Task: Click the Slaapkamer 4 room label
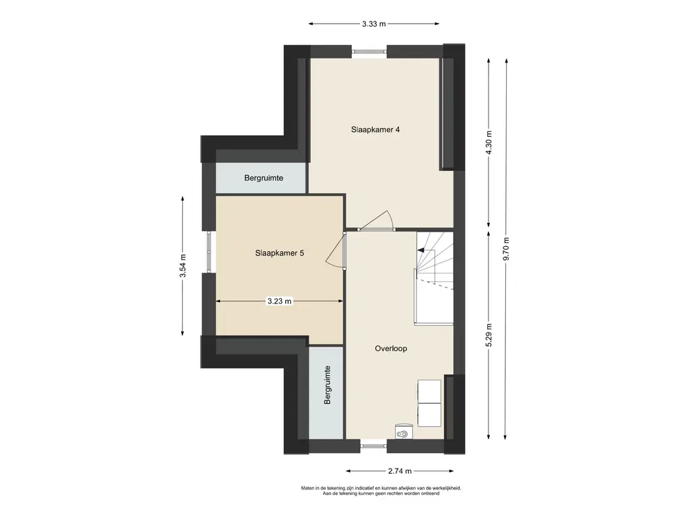[x=375, y=130]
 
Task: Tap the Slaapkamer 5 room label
[x=279, y=253]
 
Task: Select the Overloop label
[x=391, y=349]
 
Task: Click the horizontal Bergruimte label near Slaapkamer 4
[x=264, y=178]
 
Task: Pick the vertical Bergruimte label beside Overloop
[x=327, y=385]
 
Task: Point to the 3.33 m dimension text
[x=374, y=24]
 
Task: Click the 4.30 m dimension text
[x=488, y=143]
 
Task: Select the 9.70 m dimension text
[x=506, y=249]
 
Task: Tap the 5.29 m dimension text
[x=488, y=335]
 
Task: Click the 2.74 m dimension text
[x=400, y=471]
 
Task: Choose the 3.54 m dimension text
[x=183, y=265]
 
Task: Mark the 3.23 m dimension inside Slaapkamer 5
[x=279, y=301]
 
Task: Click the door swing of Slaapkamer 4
[x=377, y=220]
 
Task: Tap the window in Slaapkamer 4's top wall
[x=369, y=52]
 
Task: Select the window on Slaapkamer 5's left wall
[x=209, y=252]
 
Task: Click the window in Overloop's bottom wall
[x=373, y=446]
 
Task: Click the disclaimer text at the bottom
[x=381, y=491]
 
